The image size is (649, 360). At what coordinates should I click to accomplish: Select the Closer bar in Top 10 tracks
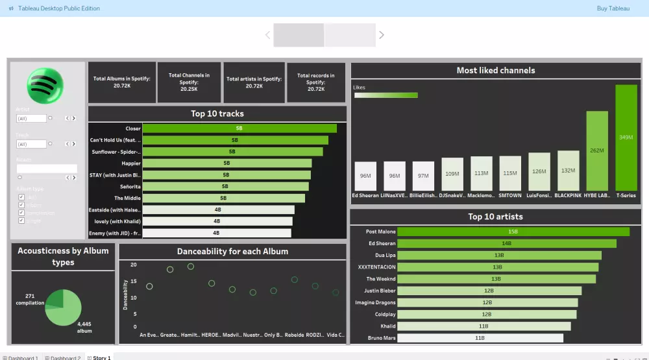pos(239,128)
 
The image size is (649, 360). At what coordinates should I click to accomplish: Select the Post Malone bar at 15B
pos(513,232)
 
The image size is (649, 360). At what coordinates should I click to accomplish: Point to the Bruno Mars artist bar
pos(480,338)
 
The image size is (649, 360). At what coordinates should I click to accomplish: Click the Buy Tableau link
pos(613,8)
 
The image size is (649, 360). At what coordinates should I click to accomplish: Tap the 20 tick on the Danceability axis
pos(134,265)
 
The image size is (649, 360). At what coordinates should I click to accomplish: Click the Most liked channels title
pos(496,71)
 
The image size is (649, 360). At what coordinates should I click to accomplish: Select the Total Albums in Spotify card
pos(122,82)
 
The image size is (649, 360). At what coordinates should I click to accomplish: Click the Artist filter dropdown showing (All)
pos(32,119)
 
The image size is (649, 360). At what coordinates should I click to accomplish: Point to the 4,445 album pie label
pos(84,326)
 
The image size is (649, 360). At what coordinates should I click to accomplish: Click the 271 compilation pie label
pos(30,299)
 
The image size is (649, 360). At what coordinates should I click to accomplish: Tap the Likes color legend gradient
pos(386,95)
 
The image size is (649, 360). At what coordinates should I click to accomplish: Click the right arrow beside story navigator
pos(382,35)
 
